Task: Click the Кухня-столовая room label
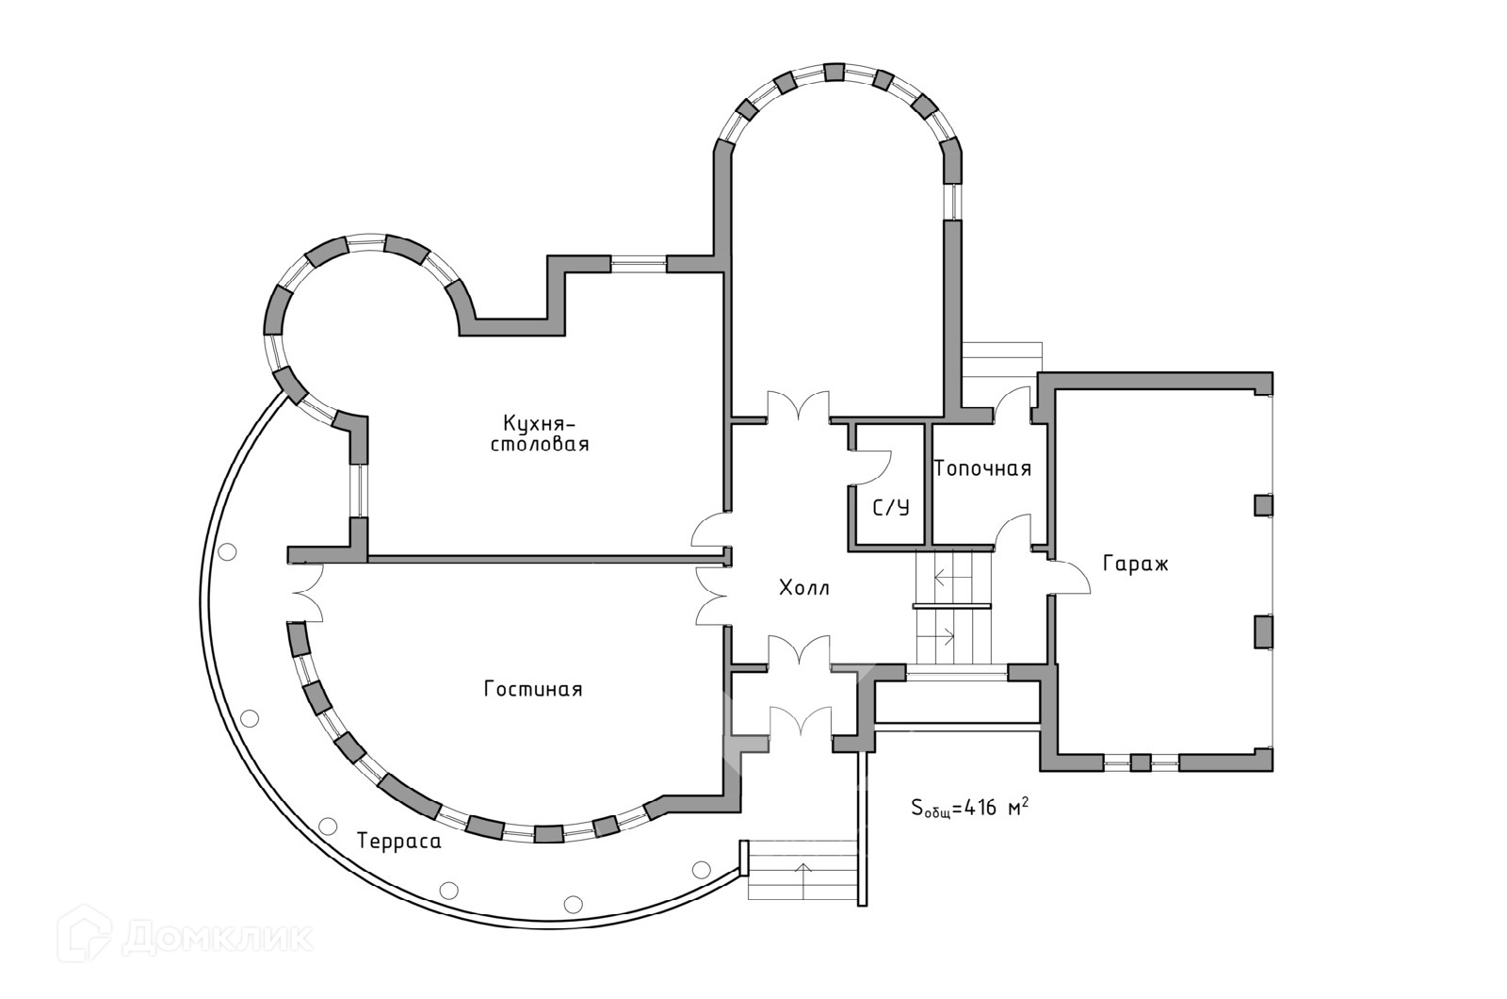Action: (x=540, y=433)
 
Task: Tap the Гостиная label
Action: (x=533, y=690)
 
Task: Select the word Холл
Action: (x=804, y=589)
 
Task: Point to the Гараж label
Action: (x=1135, y=565)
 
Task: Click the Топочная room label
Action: (x=982, y=468)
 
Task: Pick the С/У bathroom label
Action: (x=891, y=509)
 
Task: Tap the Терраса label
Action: (x=399, y=842)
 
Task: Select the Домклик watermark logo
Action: (x=186, y=936)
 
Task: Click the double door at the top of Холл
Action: (x=799, y=407)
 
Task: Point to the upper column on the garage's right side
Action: (x=1263, y=505)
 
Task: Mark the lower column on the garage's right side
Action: (x=1263, y=631)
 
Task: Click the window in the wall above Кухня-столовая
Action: (x=638, y=263)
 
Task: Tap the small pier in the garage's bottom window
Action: (x=1141, y=762)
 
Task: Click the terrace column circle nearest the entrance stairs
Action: (x=700, y=869)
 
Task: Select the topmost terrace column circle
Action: (x=226, y=553)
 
